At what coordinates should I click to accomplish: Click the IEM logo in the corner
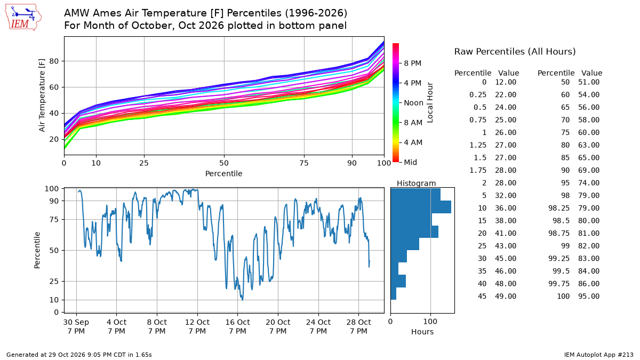pos(23,18)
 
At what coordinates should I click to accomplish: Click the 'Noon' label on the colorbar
pos(413,103)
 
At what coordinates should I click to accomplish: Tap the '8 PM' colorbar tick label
pos(413,63)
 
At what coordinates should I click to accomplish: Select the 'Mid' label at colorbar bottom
pos(410,162)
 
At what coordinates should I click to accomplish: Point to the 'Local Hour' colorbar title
pos(430,102)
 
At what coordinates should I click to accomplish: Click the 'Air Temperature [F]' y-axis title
pos(42,95)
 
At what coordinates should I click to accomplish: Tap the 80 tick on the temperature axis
pos(54,61)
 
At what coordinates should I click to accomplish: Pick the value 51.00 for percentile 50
pos(589,82)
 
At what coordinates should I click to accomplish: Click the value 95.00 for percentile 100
pos(589,297)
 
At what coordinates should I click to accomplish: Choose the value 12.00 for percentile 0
pos(506,82)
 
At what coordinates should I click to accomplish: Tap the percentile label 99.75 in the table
pos(559,284)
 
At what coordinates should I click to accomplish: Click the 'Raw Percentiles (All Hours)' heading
pos(515,52)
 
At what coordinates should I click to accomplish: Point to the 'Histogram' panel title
pos(417,183)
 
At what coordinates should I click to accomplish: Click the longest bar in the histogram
pos(421,207)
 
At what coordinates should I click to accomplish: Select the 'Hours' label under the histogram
pos(422,332)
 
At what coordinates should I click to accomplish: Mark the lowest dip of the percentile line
pos(243,300)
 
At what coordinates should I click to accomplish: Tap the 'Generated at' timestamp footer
pos(79,355)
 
